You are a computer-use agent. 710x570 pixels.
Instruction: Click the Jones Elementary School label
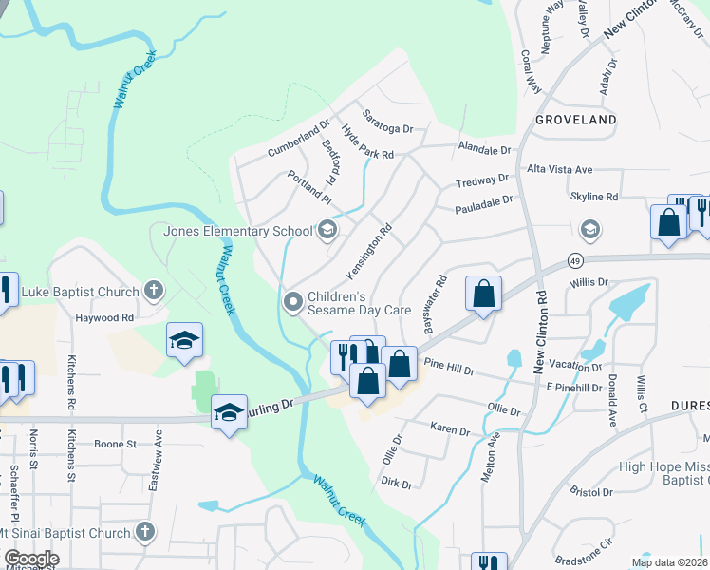pos(237,231)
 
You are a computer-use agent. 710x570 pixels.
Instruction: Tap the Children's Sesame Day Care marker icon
pos(293,302)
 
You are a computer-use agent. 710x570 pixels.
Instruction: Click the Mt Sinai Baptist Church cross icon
pos(143,533)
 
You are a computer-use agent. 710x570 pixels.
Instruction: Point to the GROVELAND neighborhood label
pos(575,120)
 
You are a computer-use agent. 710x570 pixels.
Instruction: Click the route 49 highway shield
pos(575,259)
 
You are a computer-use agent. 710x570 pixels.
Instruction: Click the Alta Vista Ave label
pos(560,169)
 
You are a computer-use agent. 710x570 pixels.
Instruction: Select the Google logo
pos(30,559)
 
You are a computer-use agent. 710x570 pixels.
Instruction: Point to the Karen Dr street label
pos(450,429)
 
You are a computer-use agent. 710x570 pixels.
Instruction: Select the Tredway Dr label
pos(482,180)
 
